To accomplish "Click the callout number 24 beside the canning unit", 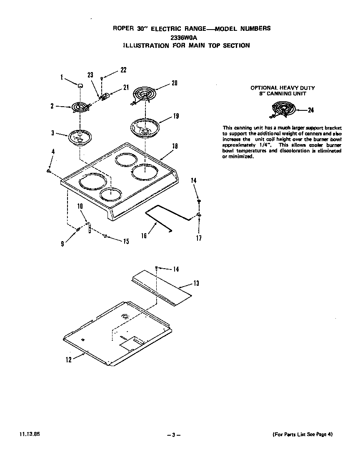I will pos(310,110).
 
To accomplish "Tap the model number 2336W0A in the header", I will pos(182,37).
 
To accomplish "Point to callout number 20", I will pos(175,83).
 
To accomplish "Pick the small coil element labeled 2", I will pos(79,107).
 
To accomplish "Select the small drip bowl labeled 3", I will pos(80,137).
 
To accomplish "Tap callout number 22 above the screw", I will pos(123,70).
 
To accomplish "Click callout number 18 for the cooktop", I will pos(175,146).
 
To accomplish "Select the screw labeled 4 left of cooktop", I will pos(49,170).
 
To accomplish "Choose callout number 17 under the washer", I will pos(199,238).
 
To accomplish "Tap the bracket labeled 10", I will pos(89,229).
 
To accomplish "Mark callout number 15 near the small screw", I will pos(125,241).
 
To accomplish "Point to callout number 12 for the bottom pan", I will pos(69,360).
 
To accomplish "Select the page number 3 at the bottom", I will pos(173,435).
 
